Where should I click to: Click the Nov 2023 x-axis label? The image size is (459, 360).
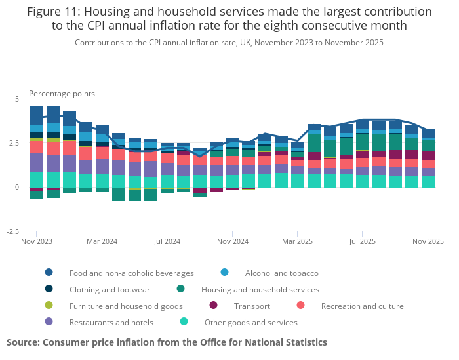(36, 241)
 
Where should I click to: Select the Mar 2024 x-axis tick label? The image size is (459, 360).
(102, 241)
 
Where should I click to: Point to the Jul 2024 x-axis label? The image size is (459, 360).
(167, 241)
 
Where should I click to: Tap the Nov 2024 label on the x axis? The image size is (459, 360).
(232, 241)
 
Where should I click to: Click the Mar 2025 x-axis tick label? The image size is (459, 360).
(297, 241)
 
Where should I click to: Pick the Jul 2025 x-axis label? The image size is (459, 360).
(363, 241)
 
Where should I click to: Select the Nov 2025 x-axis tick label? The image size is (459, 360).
(428, 241)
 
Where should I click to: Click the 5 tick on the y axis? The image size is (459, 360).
(17, 99)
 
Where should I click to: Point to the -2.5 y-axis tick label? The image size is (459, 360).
(13, 231)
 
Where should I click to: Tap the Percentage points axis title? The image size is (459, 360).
(62, 94)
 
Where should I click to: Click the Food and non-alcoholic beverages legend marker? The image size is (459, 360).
(49, 273)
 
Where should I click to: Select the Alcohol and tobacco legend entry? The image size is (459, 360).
(281, 273)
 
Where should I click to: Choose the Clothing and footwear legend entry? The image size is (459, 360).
(110, 289)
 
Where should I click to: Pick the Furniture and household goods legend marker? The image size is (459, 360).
(49, 306)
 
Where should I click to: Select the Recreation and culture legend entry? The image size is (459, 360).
(362, 306)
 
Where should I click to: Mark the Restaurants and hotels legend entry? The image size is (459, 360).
(111, 322)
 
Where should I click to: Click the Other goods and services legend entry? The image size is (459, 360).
(250, 322)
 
